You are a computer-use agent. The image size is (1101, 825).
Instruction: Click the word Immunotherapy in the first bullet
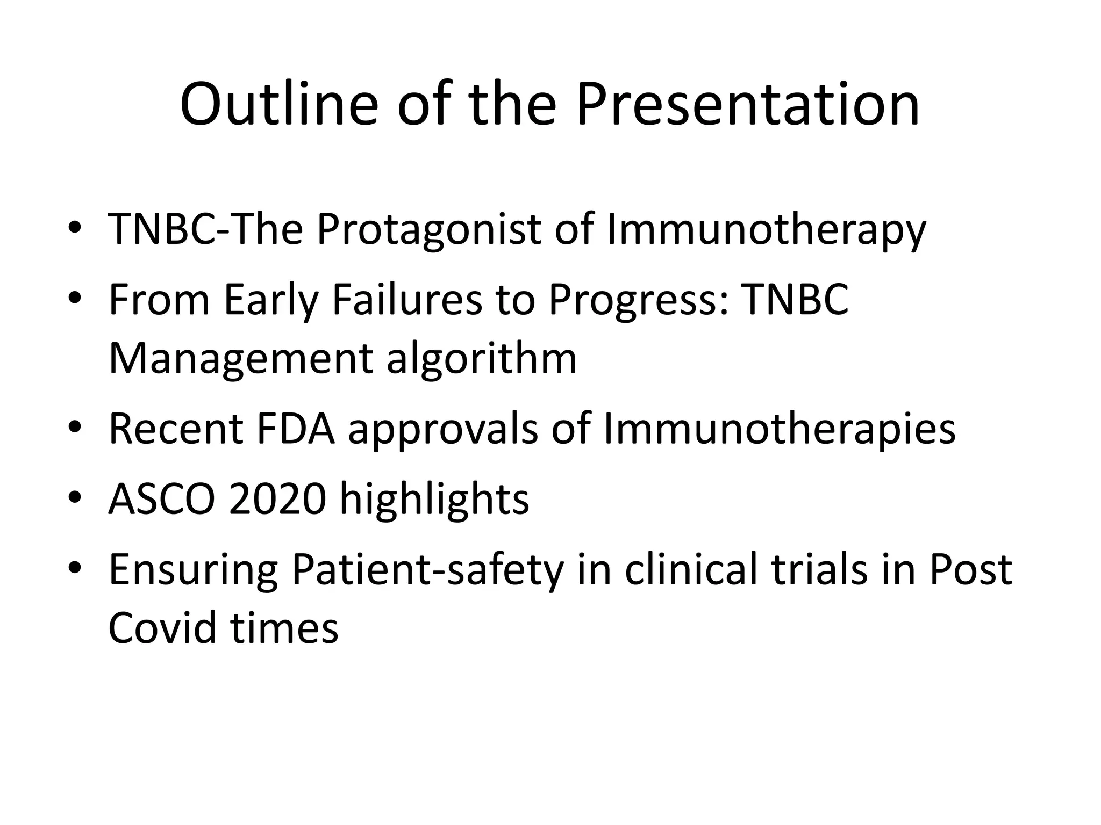(x=766, y=229)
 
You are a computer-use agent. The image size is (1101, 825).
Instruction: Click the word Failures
(x=407, y=299)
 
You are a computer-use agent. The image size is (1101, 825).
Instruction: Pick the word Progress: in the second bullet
(x=639, y=299)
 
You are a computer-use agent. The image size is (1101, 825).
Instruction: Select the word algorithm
(x=482, y=359)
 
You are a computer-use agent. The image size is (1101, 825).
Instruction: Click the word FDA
(x=296, y=429)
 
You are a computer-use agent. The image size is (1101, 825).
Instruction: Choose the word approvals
(x=442, y=429)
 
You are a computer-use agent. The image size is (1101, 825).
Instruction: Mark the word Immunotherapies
(x=780, y=429)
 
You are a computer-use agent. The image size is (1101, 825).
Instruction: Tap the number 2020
(x=277, y=499)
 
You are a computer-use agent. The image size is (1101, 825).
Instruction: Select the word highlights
(x=434, y=499)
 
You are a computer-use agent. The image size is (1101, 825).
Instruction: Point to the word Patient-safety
(x=428, y=569)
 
